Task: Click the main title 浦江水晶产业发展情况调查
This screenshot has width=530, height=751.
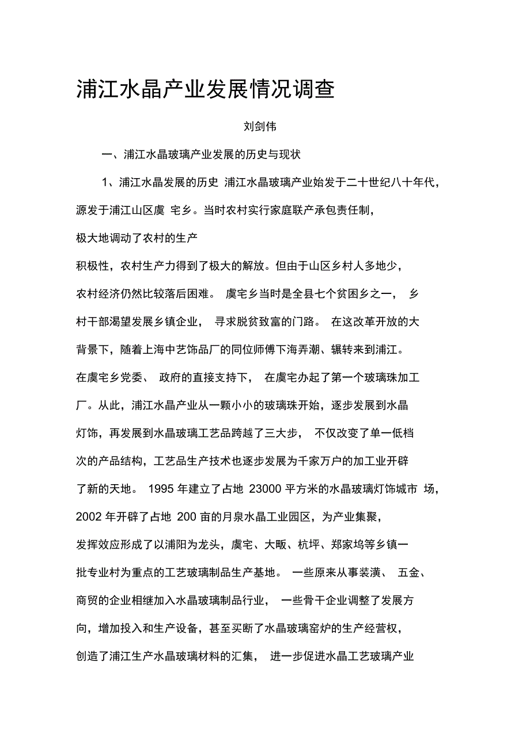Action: tap(205, 90)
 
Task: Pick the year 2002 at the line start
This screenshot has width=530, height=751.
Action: tap(88, 517)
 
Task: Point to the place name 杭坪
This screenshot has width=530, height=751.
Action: tap(305, 545)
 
